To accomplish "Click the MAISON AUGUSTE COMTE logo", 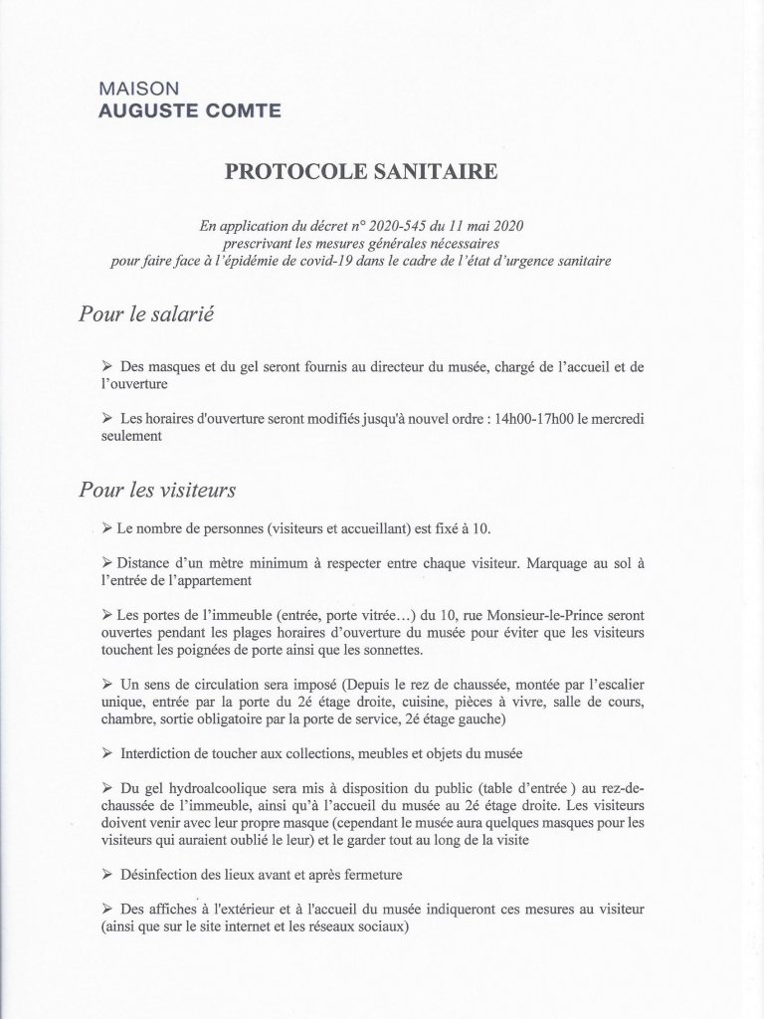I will pyautogui.click(x=189, y=101).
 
